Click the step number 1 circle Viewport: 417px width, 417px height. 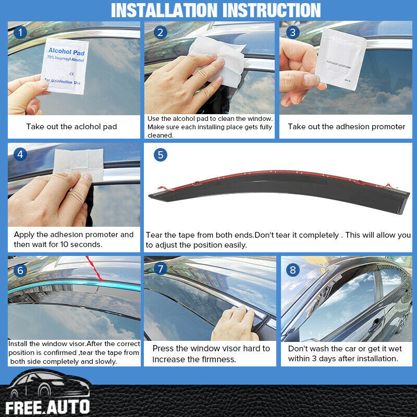[x=20, y=33]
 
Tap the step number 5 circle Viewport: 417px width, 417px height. [x=160, y=155]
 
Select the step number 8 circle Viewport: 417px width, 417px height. [x=293, y=269]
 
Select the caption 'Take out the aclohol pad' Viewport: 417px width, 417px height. [x=71, y=127]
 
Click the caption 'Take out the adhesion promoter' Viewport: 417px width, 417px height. [x=346, y=127]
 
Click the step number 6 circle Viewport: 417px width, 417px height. [x=20, y=270]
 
